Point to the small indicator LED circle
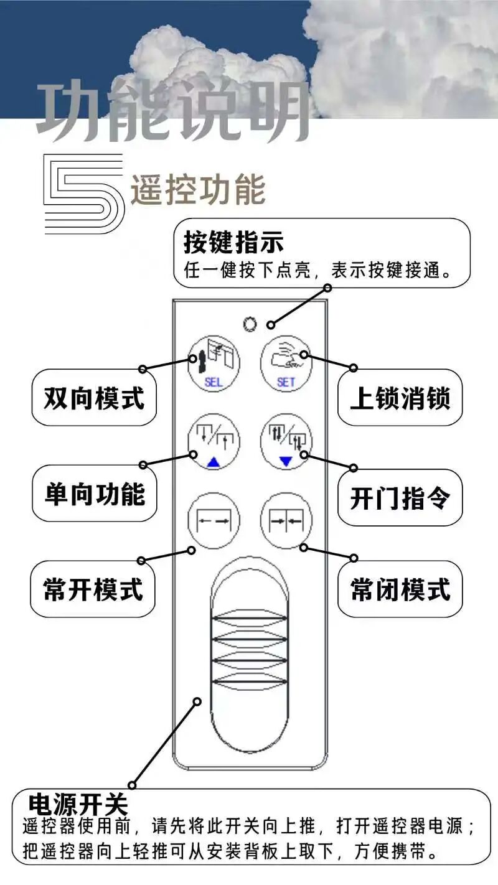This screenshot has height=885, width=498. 250,324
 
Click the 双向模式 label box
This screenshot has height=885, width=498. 93,398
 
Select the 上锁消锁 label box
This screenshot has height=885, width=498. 400,398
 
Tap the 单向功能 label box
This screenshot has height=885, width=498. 94,493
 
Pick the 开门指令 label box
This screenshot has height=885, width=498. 400,497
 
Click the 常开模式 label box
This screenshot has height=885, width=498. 93,589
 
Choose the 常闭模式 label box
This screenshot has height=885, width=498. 400,589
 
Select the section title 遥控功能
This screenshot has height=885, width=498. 198,190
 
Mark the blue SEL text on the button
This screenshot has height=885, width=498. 213,382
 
